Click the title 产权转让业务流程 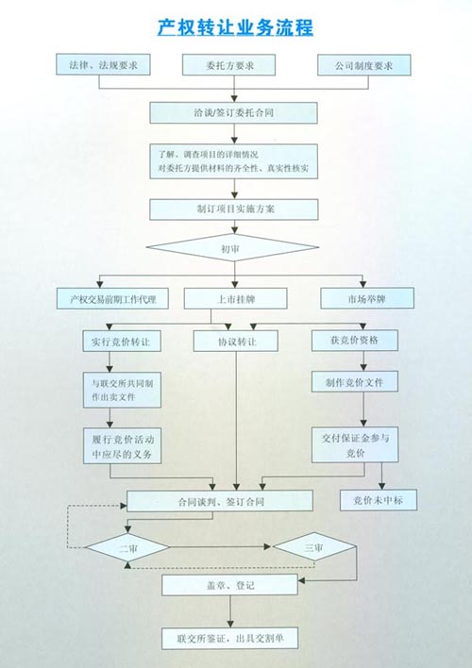coord(235,28)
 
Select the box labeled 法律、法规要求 coord(103,65)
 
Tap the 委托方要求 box coord(229,65)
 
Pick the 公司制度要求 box coord(364,65)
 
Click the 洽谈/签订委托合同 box coord(234,113)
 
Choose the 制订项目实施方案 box coord(234,209)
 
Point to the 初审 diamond coord(232,247)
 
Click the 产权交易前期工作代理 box coord(112,299)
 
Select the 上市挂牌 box coord(235,299)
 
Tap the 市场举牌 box coord(367,298)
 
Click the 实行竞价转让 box coord(122,342)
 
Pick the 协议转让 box coord(236,342)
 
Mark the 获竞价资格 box coord(355,341)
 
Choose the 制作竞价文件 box coord(355,382)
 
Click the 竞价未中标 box coord(379,500)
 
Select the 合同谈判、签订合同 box coord(220,501)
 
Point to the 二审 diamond coord(128,548)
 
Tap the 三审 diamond coord(314,546)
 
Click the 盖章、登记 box coord(229,585)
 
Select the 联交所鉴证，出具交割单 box coord(229,638)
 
